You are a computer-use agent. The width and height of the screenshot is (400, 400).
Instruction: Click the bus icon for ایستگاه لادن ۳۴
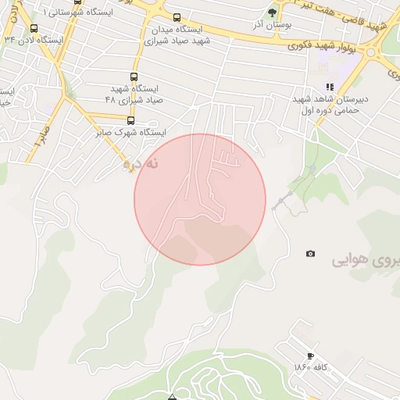[33, 27]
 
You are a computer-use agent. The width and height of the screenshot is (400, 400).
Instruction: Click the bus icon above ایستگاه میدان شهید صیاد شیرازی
[177, 17]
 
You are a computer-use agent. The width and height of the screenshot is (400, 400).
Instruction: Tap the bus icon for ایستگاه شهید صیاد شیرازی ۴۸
[134, 77]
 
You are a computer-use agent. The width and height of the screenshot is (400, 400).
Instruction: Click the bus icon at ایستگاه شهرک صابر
[130, 120]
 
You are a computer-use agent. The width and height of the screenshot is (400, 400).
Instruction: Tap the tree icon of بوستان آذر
[272, 12]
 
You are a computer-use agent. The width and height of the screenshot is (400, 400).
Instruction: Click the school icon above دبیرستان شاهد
[330, 87]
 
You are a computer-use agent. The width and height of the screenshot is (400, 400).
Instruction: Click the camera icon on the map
[311, 254]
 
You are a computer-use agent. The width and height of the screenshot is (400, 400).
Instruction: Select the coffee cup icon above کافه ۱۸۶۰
[312, 356]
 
